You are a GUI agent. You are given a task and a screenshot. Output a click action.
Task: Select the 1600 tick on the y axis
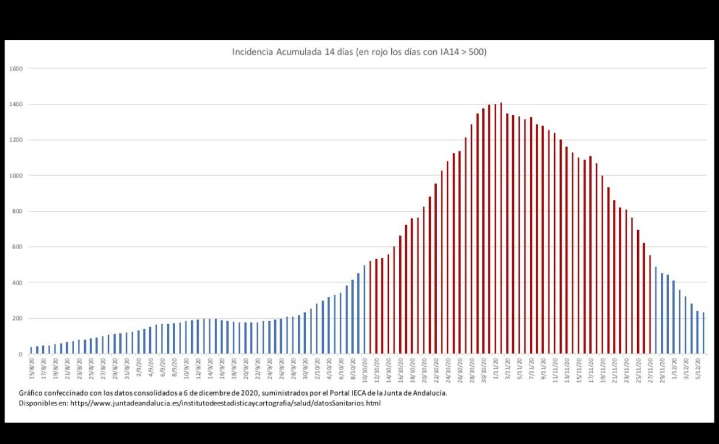(x=16, y=69)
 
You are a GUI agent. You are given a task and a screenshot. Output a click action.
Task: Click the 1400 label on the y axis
(x=16, y=104)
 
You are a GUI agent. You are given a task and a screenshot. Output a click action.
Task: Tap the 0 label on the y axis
(x=21, y=354)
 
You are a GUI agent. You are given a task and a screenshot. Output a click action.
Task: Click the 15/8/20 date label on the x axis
(x=31, y=367)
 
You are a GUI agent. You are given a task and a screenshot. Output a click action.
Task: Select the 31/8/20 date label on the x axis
(x=127, y=367)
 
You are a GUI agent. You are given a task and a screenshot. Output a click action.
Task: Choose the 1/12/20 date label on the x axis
(x=673, y=367)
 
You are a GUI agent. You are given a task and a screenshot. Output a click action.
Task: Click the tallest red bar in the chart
(x=501, y=228)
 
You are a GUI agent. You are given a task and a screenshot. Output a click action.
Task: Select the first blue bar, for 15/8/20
(x=31, y=350)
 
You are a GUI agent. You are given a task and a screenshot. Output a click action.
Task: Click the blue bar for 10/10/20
(x=365, y=310)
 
